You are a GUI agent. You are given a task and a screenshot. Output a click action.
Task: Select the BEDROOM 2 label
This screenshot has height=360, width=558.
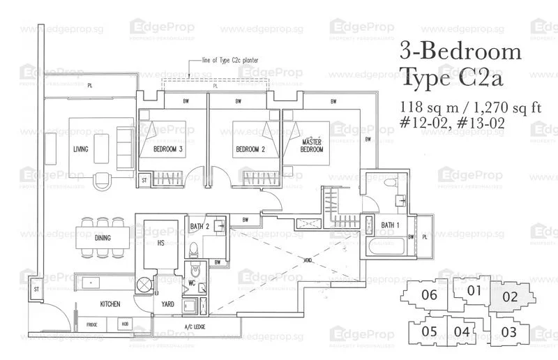click(x=249, y=149)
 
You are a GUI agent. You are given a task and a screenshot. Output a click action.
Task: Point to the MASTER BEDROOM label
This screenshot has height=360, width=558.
click(x=310, y=146)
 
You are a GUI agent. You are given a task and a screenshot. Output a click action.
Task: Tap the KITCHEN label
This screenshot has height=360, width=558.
click(x=110, y=304)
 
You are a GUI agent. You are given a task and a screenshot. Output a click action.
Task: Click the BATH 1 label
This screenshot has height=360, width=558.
click(x=391, y=225)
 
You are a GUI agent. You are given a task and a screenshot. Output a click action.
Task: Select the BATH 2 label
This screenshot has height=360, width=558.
click(x=200, y=225)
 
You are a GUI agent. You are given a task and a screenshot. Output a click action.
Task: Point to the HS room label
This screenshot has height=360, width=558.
click(x=160, y=243)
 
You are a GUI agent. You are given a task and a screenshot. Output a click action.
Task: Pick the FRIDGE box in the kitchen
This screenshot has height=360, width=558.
click(x=92, y=325)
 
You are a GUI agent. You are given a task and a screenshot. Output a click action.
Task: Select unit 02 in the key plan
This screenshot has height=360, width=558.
click(x=511, y=297)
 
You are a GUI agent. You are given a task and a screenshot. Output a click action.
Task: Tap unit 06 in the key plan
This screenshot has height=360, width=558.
click(x=430, y=295)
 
